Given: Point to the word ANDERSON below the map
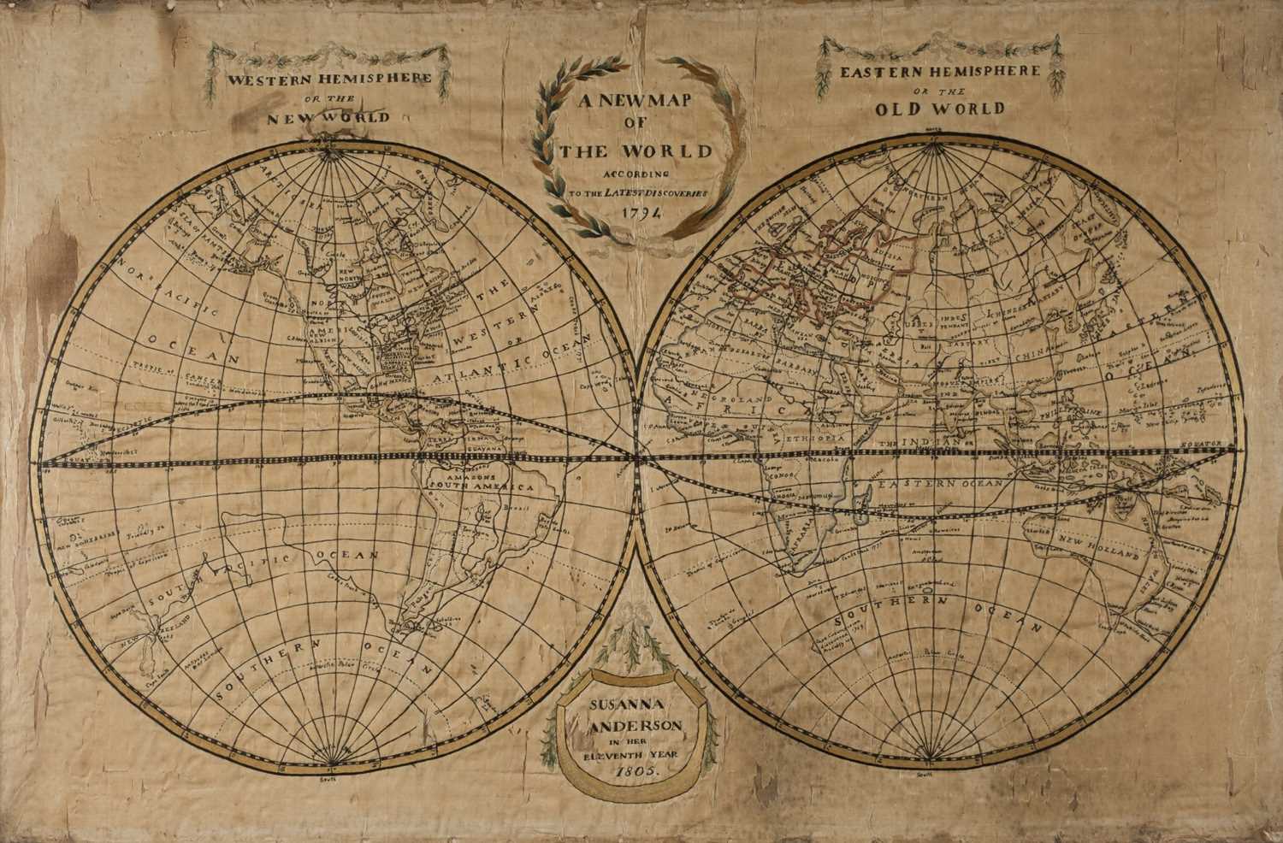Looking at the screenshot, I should tap(635, 726).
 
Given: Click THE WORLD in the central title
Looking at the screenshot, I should tap(635, 151).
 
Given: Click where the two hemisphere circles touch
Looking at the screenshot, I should tap(638, 462).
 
